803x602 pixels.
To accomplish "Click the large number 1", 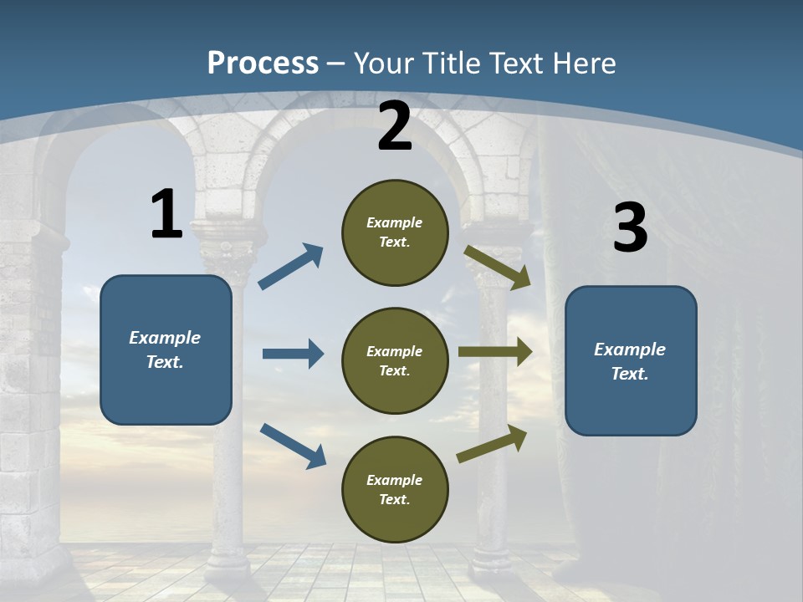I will [x=166, y=214].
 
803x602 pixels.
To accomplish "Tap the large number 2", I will [x=395, y=126].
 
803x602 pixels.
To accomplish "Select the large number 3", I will [x=630, y=227].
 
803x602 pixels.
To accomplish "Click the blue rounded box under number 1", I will [x=166, y=349].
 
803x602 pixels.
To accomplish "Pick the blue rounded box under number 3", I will [x=631, y=361].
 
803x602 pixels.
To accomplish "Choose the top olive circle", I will [x=395, y=232].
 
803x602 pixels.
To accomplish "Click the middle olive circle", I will [x=395, y=360].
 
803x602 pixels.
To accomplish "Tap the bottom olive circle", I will [x=395, y=489].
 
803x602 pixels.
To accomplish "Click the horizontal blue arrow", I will [x=293, y=354].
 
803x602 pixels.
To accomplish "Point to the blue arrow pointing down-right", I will [x=293, y=445].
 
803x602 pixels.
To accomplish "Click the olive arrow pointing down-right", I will [x=498, y=267].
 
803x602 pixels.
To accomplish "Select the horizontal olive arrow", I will [x=495, y=353].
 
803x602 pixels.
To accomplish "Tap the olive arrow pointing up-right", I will [x=492, y=444].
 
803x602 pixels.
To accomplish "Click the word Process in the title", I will [x=263, y=63].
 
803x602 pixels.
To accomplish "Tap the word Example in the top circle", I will [x=395, y=222].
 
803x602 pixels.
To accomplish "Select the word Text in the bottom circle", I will [x=393, y=499].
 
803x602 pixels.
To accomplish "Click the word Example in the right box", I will [x=630, y=349].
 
